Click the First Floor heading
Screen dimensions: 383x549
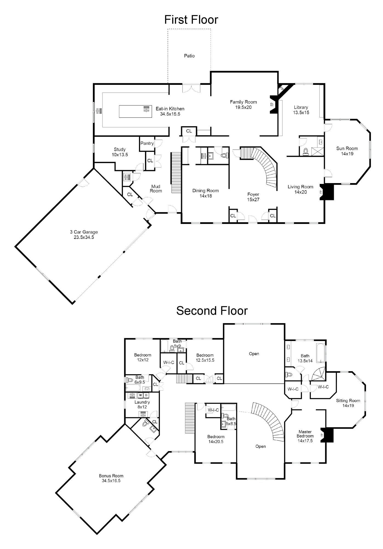[x=191, y=20]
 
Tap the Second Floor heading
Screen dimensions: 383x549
[x=212, y=311]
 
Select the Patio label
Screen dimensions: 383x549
[x=189, y=56]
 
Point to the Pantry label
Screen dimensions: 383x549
[x=147, y=143]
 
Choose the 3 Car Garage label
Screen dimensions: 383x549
[x=84, y=232]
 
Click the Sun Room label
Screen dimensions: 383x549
[x=347, y=149]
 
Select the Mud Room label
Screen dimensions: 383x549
[x=156, y=189]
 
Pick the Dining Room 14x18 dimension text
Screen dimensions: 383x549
[x=206, y=196]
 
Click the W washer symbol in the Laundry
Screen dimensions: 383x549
[x=140, y=395]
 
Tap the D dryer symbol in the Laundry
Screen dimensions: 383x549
[x=146, y=395]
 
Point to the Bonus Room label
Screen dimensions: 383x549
[x=111, y=476]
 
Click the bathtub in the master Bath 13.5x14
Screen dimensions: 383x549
[x=320, y=353]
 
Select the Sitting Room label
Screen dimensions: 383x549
[x=348, y=400]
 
